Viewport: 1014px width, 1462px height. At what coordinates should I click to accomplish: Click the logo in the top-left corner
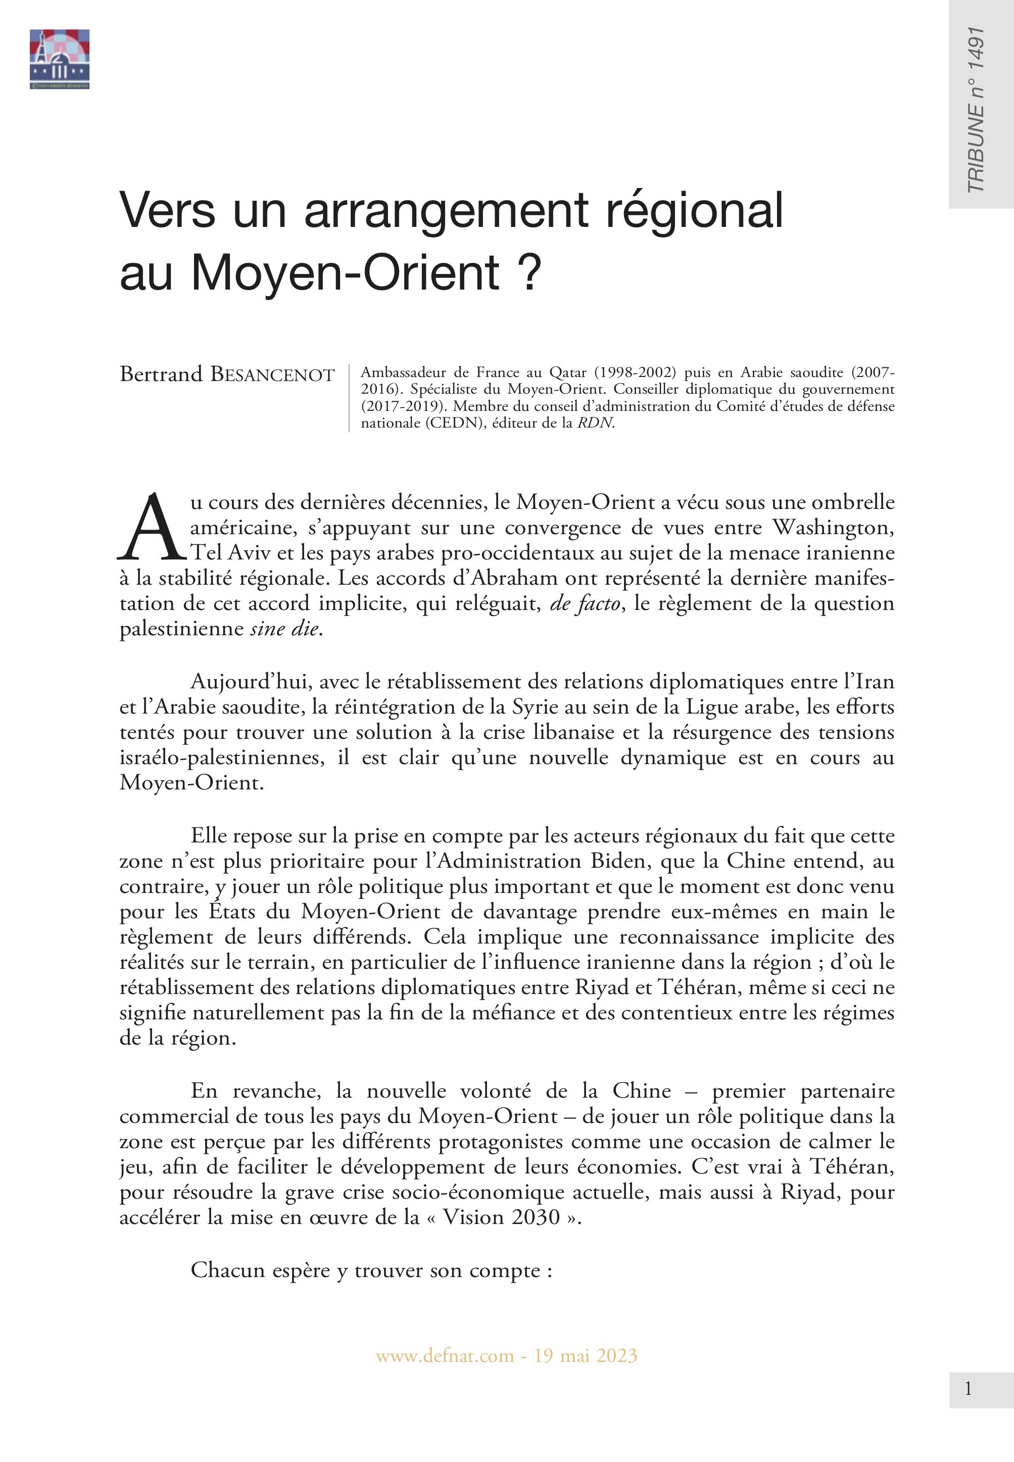pyautogui.click(x=59, y=59)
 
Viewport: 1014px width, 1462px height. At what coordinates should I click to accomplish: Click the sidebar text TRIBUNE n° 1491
pyautogui.click(x=975, y=109)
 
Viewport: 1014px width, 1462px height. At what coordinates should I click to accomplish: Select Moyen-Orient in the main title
pyautogui.click(x=346, y=272)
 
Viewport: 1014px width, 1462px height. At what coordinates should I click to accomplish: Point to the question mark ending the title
pyautogui.click(x=529, y=272)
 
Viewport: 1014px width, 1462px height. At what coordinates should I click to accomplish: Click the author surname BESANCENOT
pyautogui.click(x=272, y=375)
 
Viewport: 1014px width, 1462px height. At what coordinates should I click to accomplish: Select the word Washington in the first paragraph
pyautogui.click(x=834, y=528)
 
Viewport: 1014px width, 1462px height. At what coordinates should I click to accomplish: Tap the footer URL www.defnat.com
pyautogui.click(x=445, y=1356)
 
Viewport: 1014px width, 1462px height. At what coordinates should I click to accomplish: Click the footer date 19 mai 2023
pyautogui.click(x=585, y=1356)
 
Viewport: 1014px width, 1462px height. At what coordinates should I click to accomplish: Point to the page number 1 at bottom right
pyautogui.click(x=968, y=1390)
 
